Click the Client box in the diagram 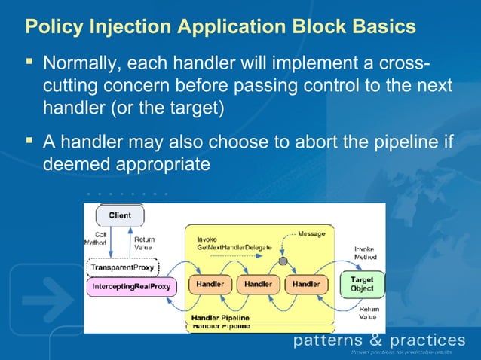pos(119,215)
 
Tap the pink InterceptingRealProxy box pos(130,286)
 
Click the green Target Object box pos(362,284)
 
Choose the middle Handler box pos(259,285)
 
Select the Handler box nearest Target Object pos(306,285)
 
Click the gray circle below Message pos(283,261)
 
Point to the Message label pos(311,234)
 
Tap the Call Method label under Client pos(95,239)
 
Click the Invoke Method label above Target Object pos(366,253)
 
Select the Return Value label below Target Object pos(368,313)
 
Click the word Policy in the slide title pos(51,26)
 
